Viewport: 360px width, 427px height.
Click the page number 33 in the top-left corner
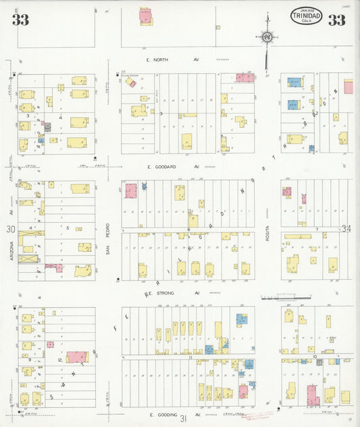point(20,20)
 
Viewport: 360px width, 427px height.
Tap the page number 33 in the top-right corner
point(336,20)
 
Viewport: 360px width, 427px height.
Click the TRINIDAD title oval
point(306,16)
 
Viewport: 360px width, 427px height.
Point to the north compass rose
point(267,36)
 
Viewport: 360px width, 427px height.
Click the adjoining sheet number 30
point(11,229)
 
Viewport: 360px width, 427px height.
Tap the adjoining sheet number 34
point(347,229)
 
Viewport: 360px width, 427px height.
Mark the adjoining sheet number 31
point(182,419)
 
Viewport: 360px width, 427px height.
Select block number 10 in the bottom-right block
point(315,355)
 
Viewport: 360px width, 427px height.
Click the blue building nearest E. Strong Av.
point(241,319)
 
